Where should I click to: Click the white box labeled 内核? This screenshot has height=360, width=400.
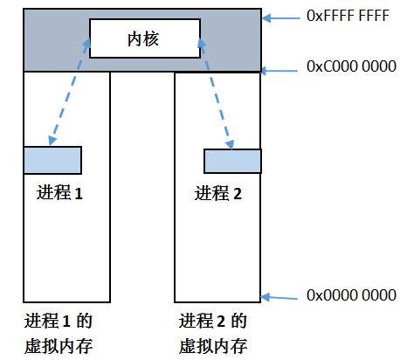[145, 38]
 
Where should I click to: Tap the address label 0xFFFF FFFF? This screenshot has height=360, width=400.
[348, 16]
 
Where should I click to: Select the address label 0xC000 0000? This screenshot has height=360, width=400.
[351, 66]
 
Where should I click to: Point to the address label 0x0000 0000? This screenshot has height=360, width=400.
[351, 295]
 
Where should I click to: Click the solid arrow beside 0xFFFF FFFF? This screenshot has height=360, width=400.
[280, 18]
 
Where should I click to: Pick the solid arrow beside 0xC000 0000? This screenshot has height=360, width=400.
[279, 71]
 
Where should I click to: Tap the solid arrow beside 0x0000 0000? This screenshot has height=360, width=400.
[279, 298]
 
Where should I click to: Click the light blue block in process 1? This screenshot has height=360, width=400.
[52, 161]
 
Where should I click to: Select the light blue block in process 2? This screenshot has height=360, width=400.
[232, 162]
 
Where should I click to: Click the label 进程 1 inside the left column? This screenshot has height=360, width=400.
[59, 193]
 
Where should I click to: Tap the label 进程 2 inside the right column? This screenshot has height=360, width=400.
[218, 193]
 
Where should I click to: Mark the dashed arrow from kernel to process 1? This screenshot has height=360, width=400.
[69, 92]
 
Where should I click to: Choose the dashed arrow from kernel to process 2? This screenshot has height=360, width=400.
[216, 93]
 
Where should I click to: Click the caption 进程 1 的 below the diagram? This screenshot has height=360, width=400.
[59, 321]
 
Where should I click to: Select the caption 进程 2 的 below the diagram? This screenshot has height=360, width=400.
[213, 321]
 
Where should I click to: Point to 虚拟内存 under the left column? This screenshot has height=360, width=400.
[59, 346]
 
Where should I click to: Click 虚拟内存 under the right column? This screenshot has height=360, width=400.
[213, 346]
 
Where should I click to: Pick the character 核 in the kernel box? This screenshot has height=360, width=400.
[151, 39]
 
